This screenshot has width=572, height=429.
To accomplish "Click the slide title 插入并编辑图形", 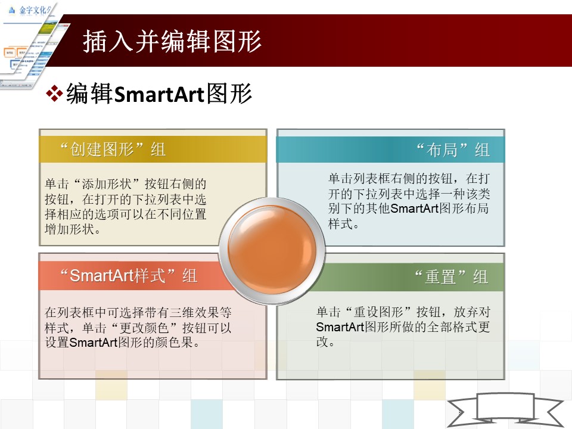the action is coord(172,41).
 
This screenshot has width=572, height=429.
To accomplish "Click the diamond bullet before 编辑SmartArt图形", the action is coord(54,93).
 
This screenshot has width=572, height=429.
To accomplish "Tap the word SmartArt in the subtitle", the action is coord(159,95).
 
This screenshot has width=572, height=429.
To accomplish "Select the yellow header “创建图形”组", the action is coord(113,149).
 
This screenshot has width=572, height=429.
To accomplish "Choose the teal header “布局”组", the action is coord(453,150).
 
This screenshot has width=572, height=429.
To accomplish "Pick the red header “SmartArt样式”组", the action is coord(129,276).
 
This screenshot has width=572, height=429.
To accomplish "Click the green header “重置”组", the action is coord(452,276).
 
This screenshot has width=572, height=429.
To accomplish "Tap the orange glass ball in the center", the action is coord(272,250).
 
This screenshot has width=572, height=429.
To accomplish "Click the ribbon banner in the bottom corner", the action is coord(505,410).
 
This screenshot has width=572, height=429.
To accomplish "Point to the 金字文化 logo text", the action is coord(34,10).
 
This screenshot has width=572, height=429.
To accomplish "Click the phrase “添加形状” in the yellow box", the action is coord(107,184).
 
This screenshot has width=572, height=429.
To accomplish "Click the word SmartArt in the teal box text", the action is coord(415,209).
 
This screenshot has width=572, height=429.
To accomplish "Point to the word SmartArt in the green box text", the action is coord(340,327).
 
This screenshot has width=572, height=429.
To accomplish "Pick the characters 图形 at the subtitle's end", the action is coord(229,94).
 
